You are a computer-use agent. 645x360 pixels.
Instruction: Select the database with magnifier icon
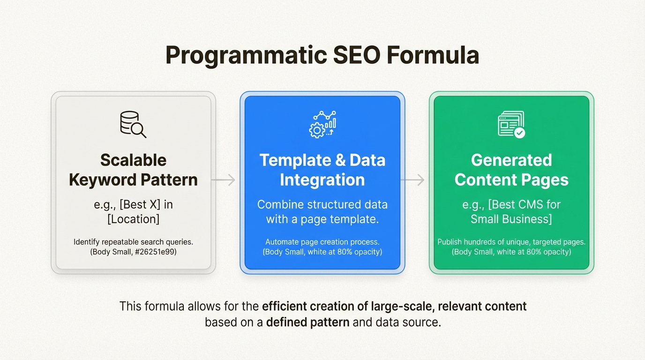click(x=133, y=124)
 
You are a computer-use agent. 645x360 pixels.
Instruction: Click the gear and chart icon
click(x=322, y=124)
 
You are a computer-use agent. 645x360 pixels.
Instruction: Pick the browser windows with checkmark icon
click(x=511, y=124)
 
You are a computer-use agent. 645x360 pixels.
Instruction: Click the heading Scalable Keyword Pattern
click(x=133, y=170)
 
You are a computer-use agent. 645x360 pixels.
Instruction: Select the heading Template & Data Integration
click(x=322, y=170)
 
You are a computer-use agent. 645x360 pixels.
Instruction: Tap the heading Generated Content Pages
click(x=511, y=170)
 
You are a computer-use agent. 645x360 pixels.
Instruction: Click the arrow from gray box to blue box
click(x=224, y=180)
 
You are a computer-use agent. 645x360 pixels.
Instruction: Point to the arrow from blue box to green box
click(x=413, y=180)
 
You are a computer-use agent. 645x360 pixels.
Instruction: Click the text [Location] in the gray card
click(x=133, y=219)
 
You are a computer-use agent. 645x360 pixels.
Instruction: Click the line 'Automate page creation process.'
click(x=322, y=242)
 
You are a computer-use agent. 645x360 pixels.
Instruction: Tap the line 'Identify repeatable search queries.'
click(x=133, y=242)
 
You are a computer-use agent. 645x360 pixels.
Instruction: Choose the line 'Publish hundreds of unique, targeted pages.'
click(x=511, y=242)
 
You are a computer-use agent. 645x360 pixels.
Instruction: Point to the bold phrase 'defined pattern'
click(x=307, y=322)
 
